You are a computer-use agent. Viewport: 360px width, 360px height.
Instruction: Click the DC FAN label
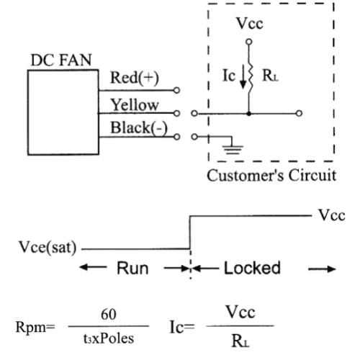[61, 60]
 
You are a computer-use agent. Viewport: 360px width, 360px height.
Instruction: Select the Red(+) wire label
[135, 78]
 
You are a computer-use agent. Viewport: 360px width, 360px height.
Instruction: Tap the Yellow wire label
[135, 105]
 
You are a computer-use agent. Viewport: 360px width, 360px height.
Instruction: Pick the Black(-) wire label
[139, 127]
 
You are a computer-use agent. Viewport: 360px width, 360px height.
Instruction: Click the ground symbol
[233, 148]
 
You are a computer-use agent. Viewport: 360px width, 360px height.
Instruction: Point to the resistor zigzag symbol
[250, 75]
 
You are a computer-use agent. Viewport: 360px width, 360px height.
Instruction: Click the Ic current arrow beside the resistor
[243, 78]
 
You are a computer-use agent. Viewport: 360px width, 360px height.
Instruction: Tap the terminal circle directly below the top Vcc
[249, 42]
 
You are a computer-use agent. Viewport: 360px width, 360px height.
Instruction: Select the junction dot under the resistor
[249, 114]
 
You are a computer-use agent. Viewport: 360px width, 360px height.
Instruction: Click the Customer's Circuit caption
[271, 176]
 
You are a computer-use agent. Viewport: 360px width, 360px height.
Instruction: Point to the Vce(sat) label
[48, 247]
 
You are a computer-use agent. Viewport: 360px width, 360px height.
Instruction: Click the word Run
[132, 268]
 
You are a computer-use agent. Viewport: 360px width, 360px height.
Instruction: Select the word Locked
[252, 268]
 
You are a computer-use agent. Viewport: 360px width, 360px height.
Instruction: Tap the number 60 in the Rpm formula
[109, 314]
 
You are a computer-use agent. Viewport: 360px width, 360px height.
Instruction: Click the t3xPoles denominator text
[109, 338]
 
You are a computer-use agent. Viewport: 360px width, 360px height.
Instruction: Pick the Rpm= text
[35, 327]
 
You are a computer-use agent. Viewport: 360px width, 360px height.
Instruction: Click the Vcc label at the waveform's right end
[332, 215]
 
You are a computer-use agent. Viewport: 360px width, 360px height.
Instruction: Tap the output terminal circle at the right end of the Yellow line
[299, 113]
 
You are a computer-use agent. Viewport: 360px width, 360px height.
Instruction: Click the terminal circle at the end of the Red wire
[176, 91]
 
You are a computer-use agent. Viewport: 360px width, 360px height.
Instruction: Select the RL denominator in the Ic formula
[240, 341]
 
